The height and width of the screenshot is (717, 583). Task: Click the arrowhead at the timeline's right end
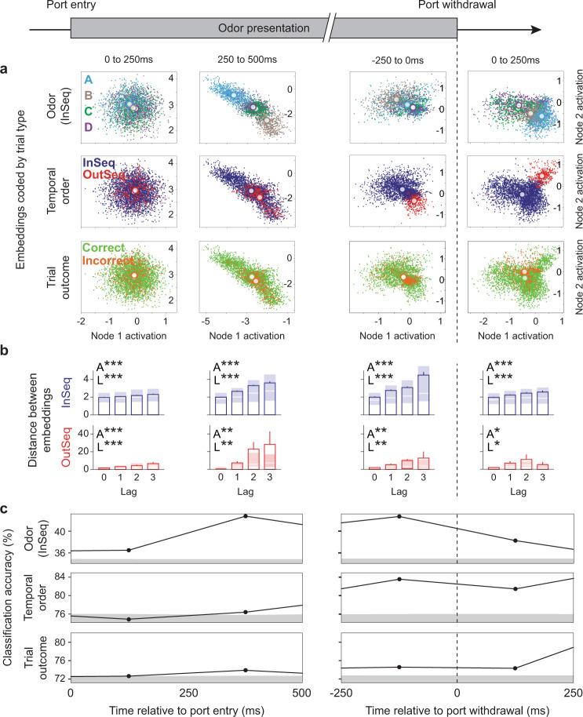point(536,30)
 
